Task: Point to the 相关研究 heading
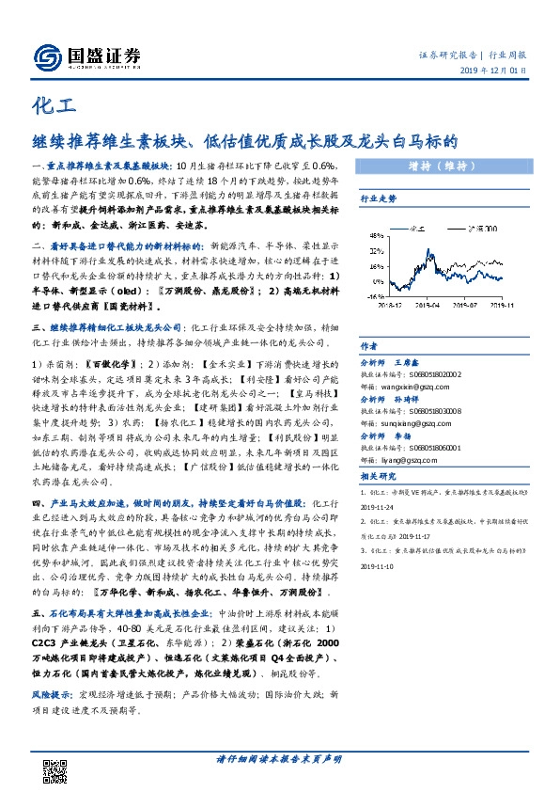point(380,477)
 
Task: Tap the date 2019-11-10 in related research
point(383,567)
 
